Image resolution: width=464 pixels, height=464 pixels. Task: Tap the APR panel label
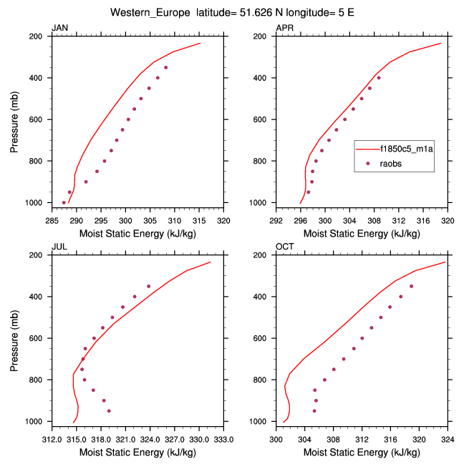(284, 28)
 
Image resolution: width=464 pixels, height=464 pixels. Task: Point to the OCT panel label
(284, 247)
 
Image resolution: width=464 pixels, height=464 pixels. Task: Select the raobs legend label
(391, 164)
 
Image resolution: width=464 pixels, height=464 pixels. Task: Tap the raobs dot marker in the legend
(368, 164)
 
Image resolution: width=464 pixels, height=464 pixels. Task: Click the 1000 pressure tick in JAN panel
(37, 203)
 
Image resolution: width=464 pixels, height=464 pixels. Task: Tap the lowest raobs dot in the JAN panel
(64, 202)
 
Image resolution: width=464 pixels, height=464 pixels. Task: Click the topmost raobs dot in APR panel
(379, 78)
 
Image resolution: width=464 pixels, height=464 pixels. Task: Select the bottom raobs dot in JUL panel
(109, 411)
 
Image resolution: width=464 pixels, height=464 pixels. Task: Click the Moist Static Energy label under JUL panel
(137, 452)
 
